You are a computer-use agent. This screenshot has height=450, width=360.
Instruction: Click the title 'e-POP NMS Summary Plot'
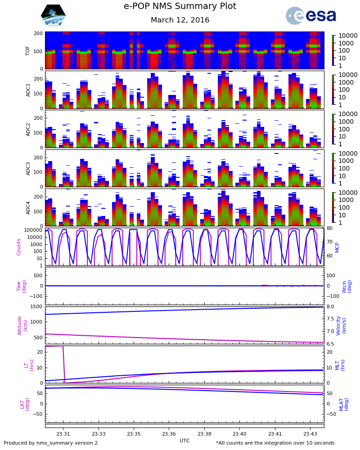(180, 7)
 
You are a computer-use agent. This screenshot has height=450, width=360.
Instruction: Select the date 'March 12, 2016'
(180, 20)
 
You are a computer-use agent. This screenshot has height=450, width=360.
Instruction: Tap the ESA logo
(311, 16)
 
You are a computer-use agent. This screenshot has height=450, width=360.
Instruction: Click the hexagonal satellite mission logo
(53, 16)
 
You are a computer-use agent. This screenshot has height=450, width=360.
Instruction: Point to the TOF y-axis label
(28, 50)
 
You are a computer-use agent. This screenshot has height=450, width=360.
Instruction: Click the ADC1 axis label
(28, 90)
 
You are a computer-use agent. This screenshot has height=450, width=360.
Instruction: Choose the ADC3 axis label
(28, 168)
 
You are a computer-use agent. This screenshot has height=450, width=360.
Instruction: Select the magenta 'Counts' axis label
(19, 247)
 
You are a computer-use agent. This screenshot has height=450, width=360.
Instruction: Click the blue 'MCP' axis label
(337, 247)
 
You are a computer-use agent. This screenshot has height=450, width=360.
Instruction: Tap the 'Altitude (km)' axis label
(22, 325)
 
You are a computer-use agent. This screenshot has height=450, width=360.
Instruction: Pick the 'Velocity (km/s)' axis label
(341, 325)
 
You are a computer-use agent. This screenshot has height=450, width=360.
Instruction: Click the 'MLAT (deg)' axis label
(343, 404)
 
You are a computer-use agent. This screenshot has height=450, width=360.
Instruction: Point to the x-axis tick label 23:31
(63, 434)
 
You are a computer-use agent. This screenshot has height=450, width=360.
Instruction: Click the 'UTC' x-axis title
(184, 441)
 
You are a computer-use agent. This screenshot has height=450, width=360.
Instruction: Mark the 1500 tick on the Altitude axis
(36, 307)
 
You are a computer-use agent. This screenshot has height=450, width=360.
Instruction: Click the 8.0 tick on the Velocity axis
(330, 307)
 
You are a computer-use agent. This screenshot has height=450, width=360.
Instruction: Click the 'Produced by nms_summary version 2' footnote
(50, 443)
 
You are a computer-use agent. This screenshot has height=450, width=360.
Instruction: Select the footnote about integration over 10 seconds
(275, 443)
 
